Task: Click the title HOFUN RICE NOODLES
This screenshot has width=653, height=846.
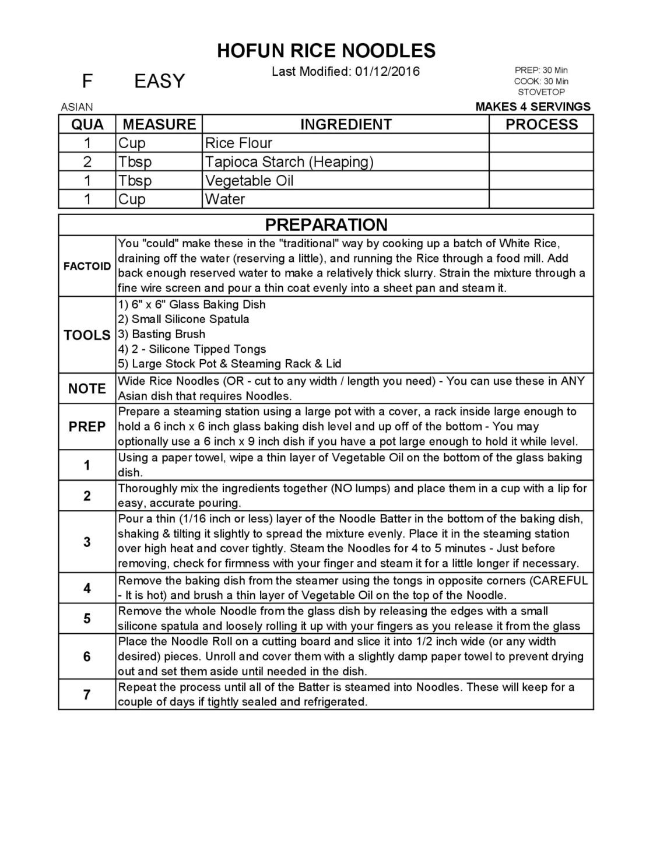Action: [x=326, y=51]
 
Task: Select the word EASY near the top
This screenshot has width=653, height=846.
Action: [x=159, y=81]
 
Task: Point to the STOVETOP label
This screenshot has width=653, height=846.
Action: [x=541, y=92]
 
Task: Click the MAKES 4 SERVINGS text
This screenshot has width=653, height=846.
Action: [x=533, y=107]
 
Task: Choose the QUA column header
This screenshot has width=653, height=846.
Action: [x=87, y=124]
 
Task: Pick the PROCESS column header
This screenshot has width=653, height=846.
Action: [x=541, y=124]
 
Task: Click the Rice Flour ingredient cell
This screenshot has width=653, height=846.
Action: [x=238, y=143]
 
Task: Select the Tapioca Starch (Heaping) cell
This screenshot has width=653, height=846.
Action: [x=289, y=162]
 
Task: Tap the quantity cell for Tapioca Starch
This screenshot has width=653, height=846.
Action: [x=87, y=162]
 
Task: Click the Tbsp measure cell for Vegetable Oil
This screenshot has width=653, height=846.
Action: [x=135, y=181]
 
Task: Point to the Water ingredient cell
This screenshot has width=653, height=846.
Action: [x=225, y=199]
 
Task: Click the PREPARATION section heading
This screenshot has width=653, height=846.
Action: [x=326, y=225]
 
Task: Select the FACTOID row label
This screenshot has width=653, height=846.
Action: [x=87, y=266]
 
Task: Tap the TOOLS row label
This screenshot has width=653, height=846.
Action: [x=87, y=335]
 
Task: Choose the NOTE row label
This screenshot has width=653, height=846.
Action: [x=87, y=389]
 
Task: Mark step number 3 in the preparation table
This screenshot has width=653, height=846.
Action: [x=87, y=542]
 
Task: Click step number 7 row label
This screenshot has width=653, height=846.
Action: [x=87, y=694]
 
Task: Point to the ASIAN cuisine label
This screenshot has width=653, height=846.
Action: [x=77, y=107]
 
